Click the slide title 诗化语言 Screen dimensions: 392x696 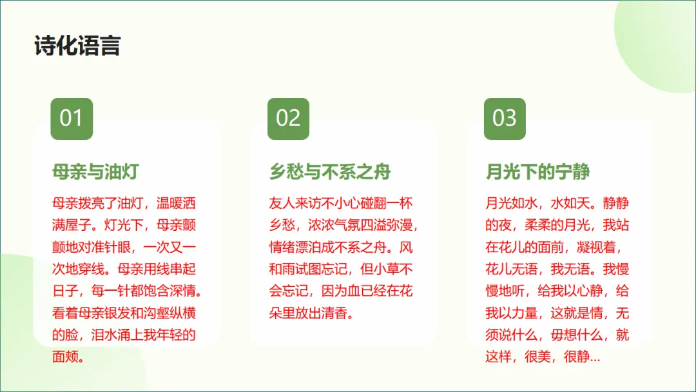pos(77,46)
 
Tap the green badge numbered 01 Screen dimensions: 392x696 pos(72,119)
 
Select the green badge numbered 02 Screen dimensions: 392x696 pos(288,119)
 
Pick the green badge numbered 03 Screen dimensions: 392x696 pos(505,119)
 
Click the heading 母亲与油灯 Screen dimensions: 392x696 pos(95,172)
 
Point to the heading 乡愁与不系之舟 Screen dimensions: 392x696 pos(330,172)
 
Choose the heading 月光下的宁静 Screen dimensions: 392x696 pos(538,172)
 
